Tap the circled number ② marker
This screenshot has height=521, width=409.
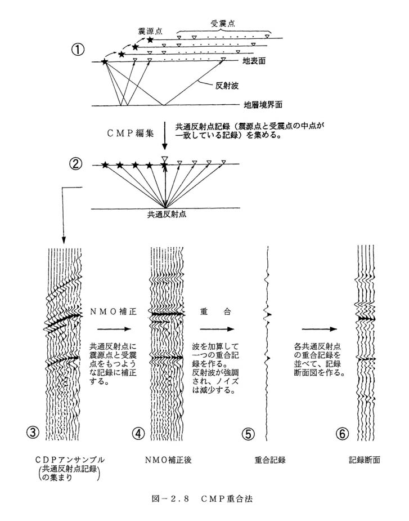point(75,163)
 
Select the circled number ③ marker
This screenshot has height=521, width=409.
point(33,433)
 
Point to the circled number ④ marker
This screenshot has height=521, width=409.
point(138,433)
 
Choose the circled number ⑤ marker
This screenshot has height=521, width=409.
point(248,434)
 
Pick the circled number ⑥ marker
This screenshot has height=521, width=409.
point(343,434)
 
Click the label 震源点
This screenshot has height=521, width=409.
point(150,31)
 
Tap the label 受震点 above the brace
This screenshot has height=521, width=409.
point(223,23)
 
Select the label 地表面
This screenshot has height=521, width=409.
point(254,61)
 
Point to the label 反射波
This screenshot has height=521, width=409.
point(227,86)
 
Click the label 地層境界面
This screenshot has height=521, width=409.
point(263,105)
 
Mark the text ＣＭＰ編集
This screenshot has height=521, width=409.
point(130,133)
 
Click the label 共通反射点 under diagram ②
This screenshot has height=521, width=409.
point(167,215)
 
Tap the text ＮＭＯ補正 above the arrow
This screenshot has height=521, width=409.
point(113,311)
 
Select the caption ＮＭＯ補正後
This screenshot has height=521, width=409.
point(168,460)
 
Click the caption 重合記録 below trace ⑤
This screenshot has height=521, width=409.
point(270,460)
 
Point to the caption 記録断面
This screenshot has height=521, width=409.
point(364,460)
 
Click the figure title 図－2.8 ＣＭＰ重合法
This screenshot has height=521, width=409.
point(202,498)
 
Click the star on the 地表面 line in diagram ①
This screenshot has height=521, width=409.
point(105,61)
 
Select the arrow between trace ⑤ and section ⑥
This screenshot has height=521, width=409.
point(319,329)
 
